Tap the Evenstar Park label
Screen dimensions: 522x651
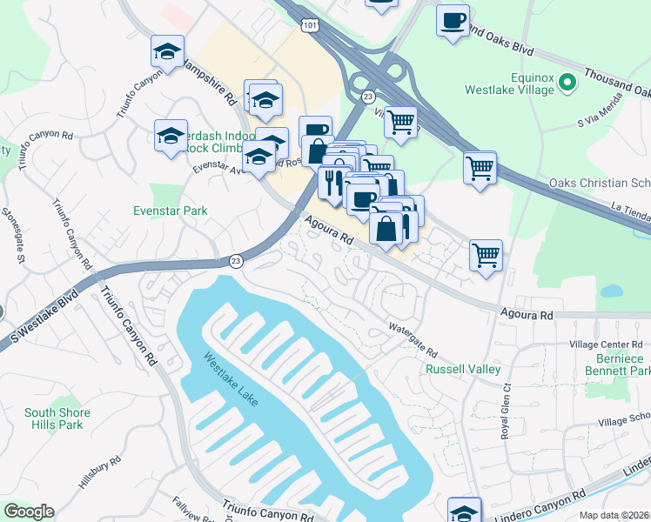(170, 211)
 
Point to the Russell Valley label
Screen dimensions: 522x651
(462, 369)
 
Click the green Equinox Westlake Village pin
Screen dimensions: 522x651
(567, 83)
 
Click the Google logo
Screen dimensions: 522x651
(29, 512)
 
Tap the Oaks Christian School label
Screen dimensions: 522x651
(600, 183)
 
